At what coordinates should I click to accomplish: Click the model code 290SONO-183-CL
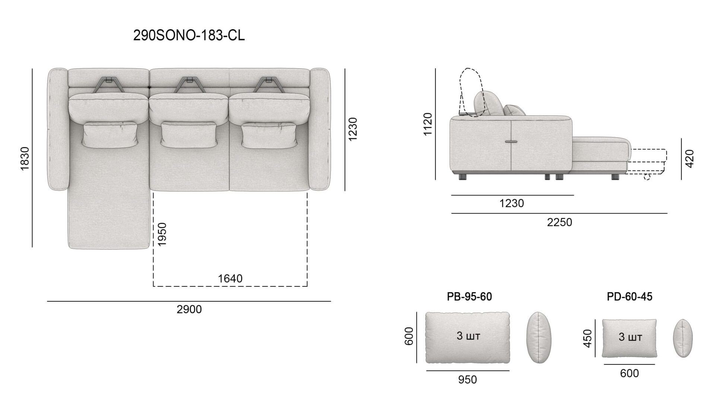pos(189,35)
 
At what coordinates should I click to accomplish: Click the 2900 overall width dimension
pos(189,309)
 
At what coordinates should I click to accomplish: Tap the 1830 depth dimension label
pos(25,159)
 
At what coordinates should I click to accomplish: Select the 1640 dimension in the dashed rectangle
pos(230,278)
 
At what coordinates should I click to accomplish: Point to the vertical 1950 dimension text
pos(162,234)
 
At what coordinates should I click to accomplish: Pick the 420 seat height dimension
pos(689,159)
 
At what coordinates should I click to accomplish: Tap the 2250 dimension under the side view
pos(559,222)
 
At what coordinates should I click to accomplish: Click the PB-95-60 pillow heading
pos(469,296)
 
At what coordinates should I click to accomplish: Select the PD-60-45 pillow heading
pos(629,296)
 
